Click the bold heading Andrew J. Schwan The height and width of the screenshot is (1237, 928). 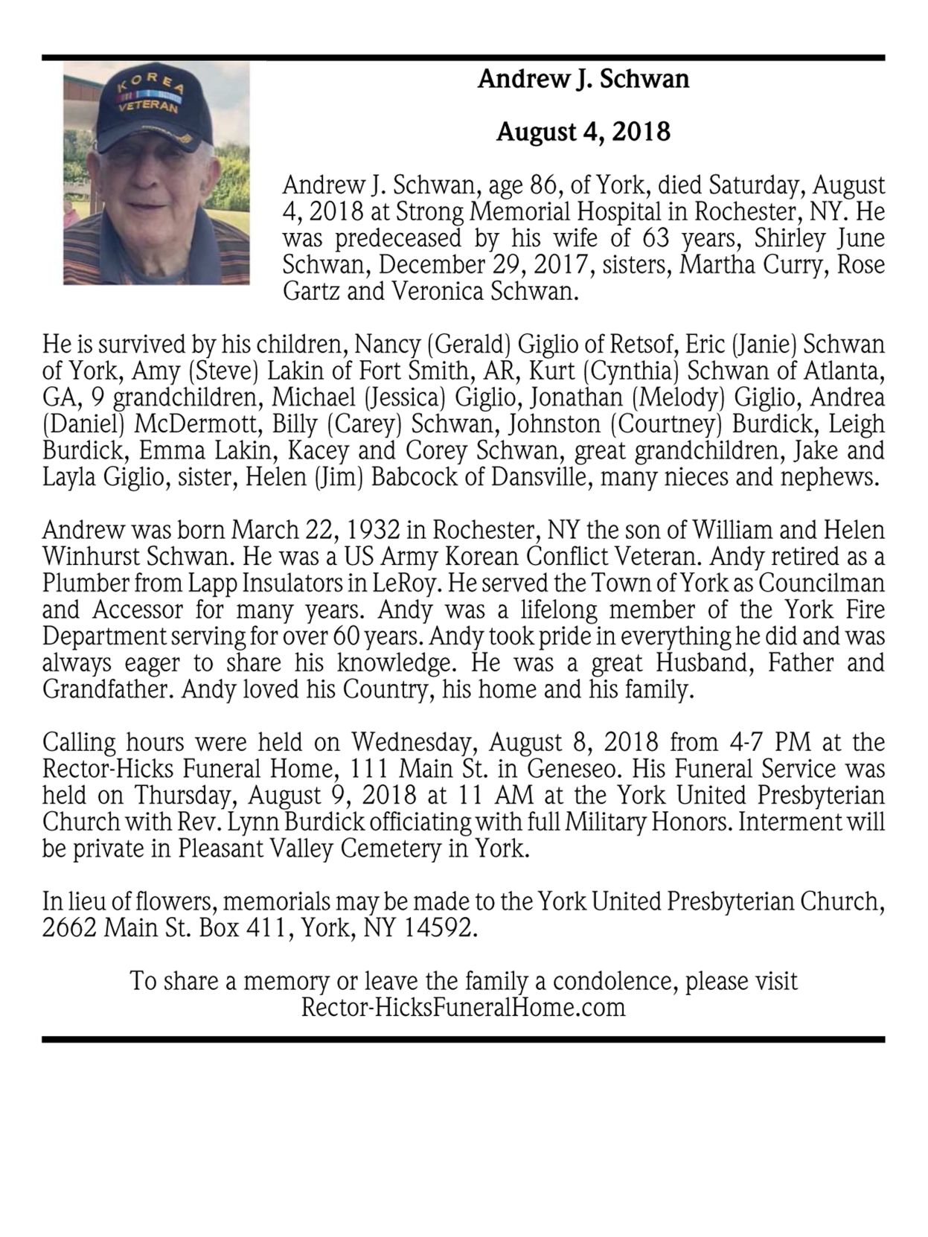(x=583, y=79)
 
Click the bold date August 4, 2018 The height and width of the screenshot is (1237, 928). (x=583, y=132)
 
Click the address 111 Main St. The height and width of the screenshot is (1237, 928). (x=409, y=769)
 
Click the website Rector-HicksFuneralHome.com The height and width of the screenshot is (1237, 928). (x=463, y=1009)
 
